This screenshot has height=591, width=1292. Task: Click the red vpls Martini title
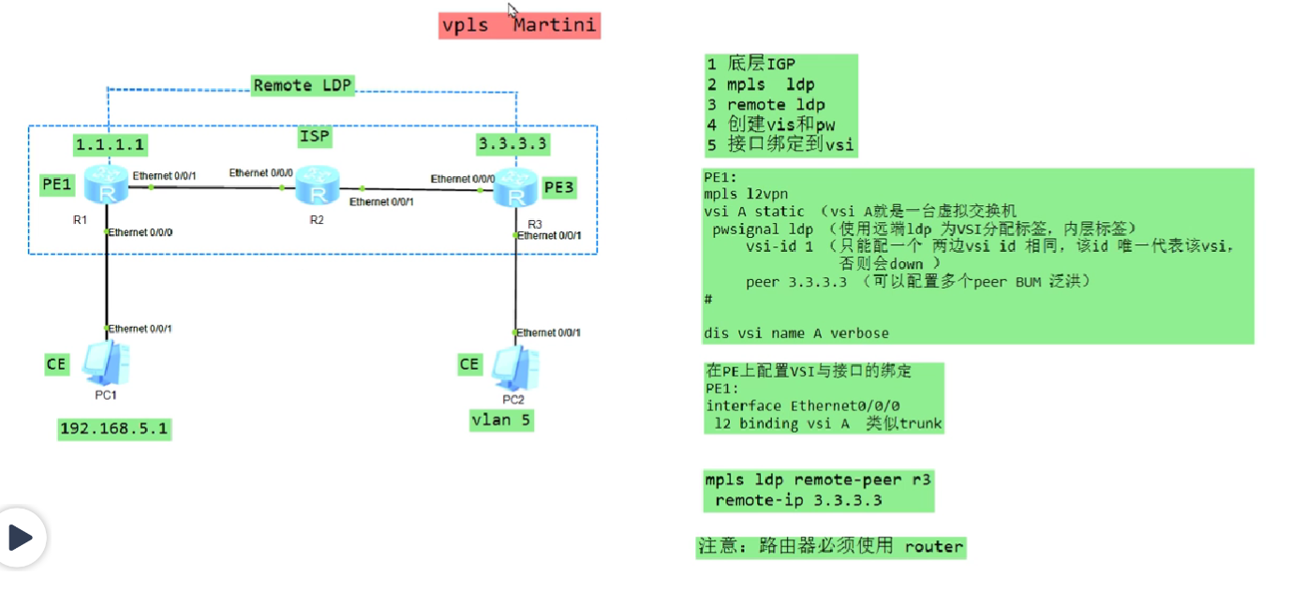[x=519, y=26]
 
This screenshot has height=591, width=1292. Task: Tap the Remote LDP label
[x=303, y=85]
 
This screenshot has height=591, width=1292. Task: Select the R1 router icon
[x=106, y=185]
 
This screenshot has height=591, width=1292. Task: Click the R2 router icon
[x=318, y=185]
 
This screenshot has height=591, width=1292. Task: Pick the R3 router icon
[x=515, y=188]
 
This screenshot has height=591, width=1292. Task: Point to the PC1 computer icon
[x=106, y=363]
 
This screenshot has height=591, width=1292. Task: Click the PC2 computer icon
[x=515, y=368]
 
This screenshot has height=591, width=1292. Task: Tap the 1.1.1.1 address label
[x=111, y=144]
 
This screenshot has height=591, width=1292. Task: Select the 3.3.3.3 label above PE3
[x=512, y=143]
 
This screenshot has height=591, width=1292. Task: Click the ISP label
[x=315, y=137]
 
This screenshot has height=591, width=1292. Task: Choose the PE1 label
[x=57, y=185]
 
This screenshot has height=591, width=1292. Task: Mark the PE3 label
[x=559, y=187]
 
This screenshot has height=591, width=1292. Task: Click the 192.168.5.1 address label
[x=114, y=429]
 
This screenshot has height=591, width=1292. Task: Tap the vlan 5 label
[x=500, y=421]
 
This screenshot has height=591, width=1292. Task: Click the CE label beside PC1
[x=56, y=364]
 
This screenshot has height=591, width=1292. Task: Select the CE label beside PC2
[x=469, y=364]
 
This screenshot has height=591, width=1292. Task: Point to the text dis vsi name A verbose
[x=796, y=333]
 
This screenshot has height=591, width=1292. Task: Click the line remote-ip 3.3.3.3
[x=798, y=500]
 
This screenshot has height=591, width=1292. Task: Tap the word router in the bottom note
[x=934, y=547]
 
